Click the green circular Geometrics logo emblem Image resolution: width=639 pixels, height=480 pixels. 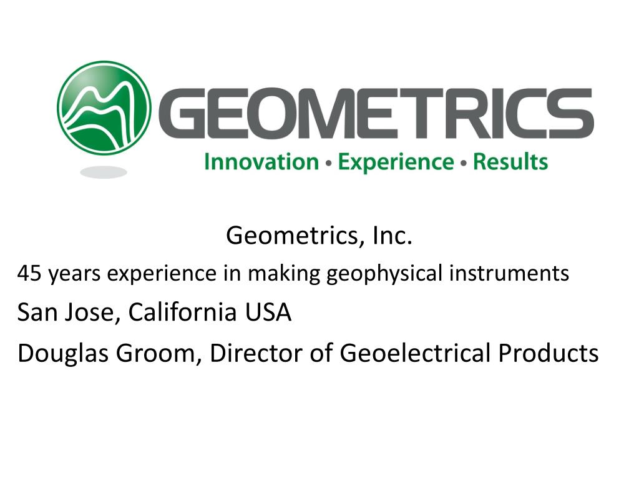(x=104, y=107)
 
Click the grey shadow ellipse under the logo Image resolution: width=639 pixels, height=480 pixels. (x=104, y=172)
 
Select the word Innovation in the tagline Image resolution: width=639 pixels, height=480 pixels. (x=261, y=162)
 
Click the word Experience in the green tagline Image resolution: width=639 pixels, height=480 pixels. (x=396, y=162)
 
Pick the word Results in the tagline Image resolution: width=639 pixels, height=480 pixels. (x=510, y=162)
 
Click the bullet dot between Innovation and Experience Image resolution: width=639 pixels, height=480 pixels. (x=328, y=164)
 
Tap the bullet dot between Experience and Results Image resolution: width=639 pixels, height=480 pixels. (x=463, y=164)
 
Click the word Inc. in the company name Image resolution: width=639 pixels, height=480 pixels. (x=393, y=236)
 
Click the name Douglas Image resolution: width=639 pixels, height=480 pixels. (x=59, y=353)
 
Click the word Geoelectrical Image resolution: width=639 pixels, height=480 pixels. (x=415, y=353)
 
